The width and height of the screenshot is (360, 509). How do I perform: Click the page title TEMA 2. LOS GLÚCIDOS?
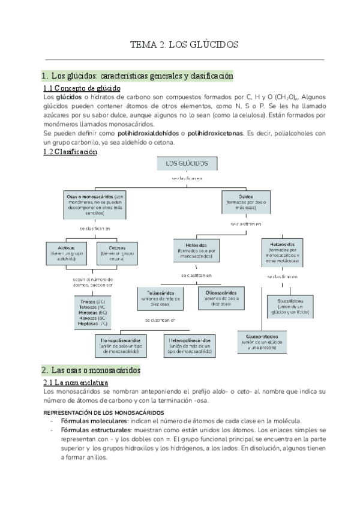[185, 44]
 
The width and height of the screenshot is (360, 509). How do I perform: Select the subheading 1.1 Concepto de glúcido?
[82, 88]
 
